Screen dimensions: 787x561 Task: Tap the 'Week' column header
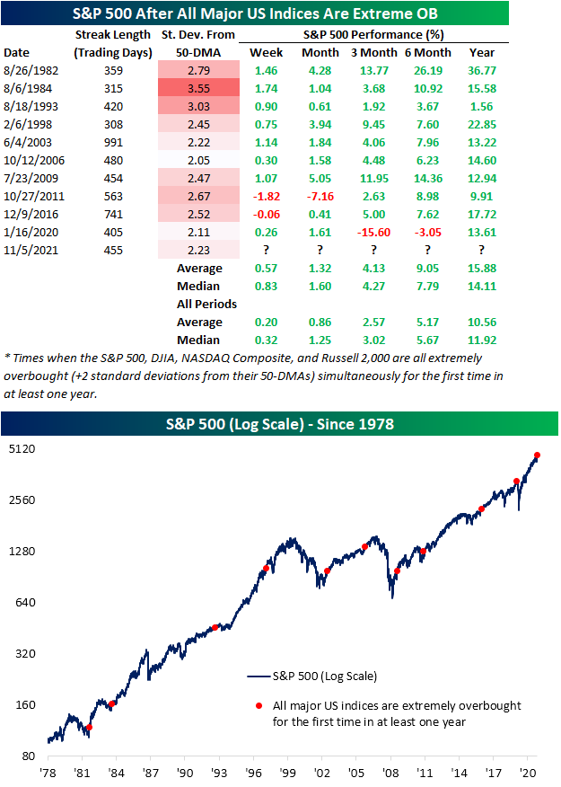266,53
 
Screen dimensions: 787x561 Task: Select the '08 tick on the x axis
390,773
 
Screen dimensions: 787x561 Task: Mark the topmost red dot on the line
537,455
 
